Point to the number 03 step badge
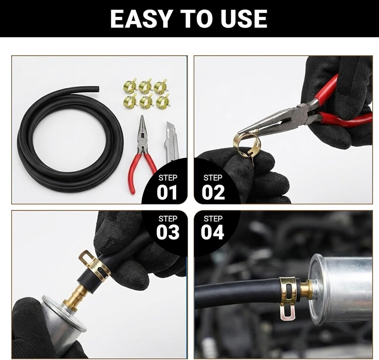[168, 232]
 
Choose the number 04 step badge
[213, 232]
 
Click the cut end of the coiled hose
[98, 89]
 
